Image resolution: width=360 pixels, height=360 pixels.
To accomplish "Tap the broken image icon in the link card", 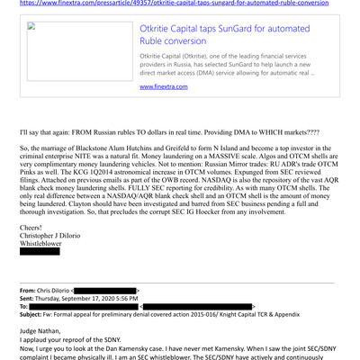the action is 31,26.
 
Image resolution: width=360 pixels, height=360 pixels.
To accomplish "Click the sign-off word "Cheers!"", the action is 33,229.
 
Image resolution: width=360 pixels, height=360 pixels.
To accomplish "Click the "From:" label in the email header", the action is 30,292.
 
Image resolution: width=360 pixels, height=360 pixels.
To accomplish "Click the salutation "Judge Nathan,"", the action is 43,333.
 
